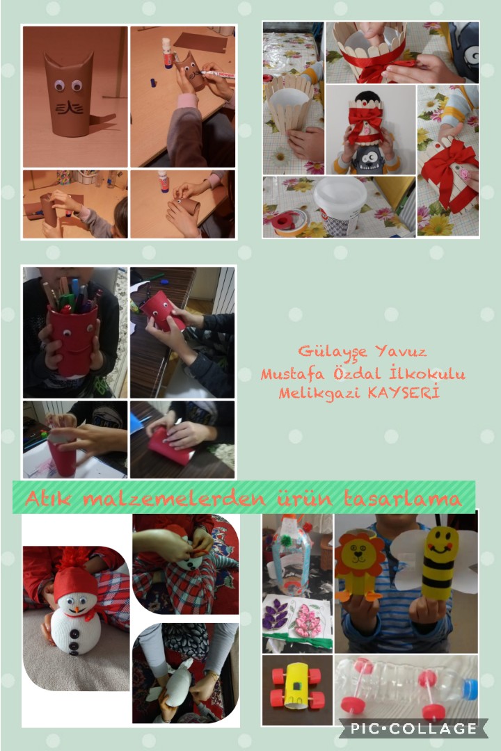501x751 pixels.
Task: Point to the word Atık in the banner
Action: coord(47,499)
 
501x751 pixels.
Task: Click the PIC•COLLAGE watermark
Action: coord(414,729)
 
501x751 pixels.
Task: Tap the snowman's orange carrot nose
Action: coord(75,611)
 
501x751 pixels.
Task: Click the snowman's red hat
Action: coord(74,579)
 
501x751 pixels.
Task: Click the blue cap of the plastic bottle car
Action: coord(470,689)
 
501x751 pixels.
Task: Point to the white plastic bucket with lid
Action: coord(340,205)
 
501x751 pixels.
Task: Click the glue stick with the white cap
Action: coord(166,53)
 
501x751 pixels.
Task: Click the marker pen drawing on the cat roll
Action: coord(217,74)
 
